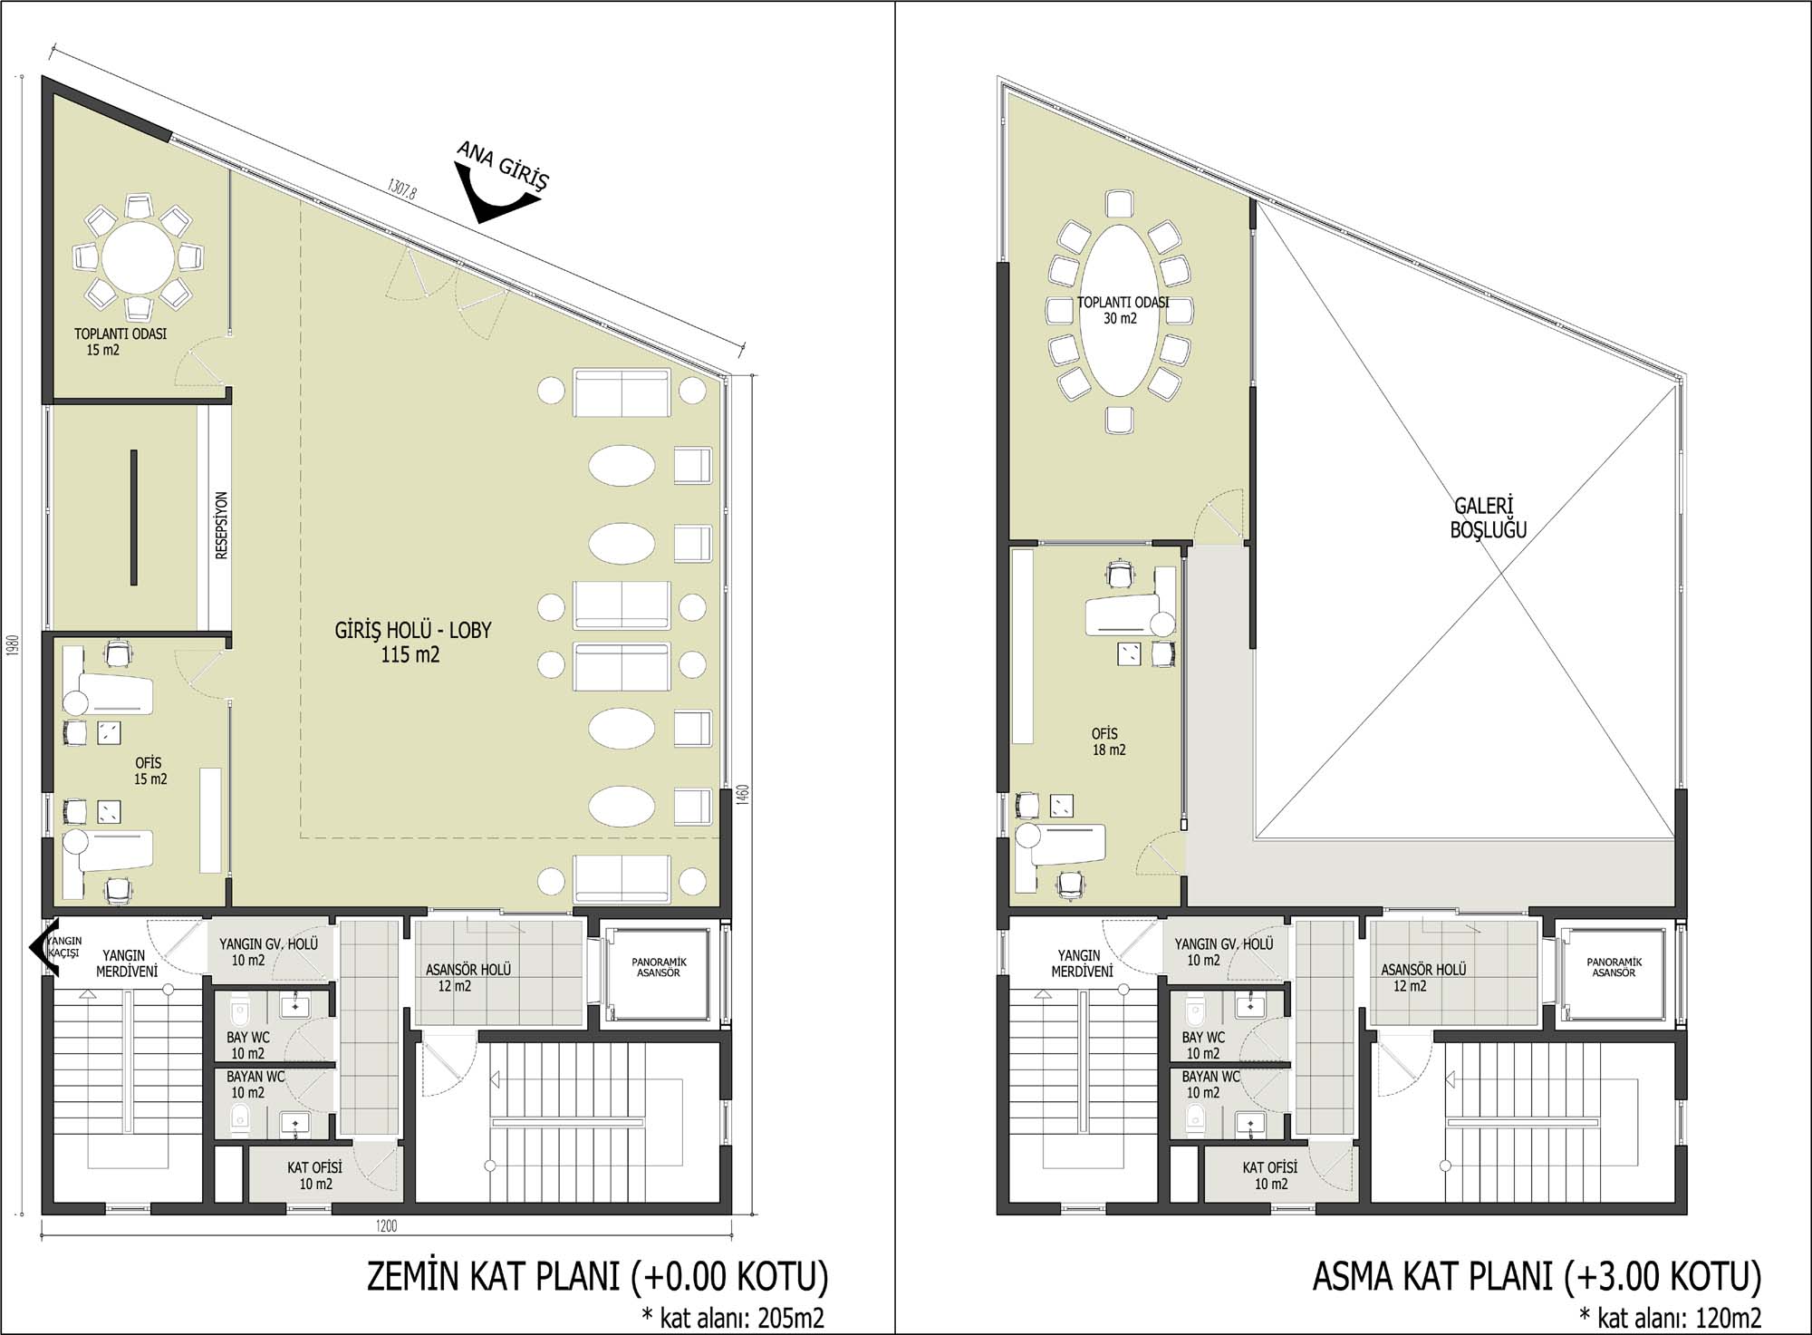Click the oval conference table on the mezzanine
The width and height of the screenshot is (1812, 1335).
[x=1120, y=310]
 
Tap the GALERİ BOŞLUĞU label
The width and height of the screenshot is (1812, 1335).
[x=1488, y=518]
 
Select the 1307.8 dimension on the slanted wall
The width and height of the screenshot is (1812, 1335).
[x=401, y=189]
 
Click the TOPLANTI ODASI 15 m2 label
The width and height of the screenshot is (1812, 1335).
[x=120, y=342]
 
